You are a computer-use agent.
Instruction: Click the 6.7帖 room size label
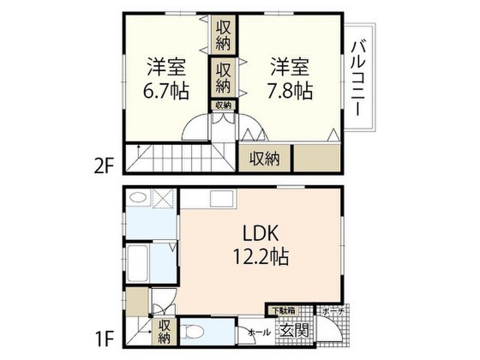point(166,90)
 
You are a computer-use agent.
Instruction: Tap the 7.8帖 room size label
point(290,90)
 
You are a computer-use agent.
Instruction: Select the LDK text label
point(260,233)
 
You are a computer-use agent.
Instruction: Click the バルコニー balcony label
point(360,78)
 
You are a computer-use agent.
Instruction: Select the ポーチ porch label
point(333,311)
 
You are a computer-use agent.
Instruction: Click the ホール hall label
point(259,332)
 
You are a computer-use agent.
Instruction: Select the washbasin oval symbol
point(138,197)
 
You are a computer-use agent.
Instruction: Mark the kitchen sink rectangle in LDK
point(221,199)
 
